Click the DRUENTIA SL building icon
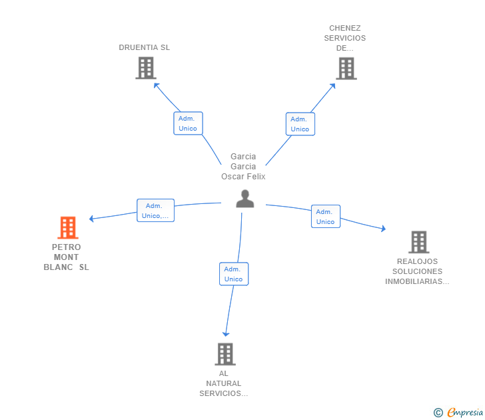point(145,68)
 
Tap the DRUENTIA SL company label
point(145,47)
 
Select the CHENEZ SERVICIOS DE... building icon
point(346,68)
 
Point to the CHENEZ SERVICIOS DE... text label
point(345,38)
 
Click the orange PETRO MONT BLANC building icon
point(67,228)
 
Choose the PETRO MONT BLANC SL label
point(66,257)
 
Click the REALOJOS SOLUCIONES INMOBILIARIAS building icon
point(418,242)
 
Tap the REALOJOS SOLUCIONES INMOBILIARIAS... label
point(417,271)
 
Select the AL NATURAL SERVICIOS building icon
point(225,354)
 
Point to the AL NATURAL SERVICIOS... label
point(224,383)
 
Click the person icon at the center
point(245,199)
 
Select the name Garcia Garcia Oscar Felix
point(243,167)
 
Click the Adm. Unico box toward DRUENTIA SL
point(188,123)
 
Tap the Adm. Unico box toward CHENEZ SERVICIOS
point(300,124)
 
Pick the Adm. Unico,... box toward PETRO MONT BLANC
point(155,211)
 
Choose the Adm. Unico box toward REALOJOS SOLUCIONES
point(325,217)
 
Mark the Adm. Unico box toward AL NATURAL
point(233,274)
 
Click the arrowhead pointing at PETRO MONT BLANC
point(92,218)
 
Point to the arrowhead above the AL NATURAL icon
point(226,333)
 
